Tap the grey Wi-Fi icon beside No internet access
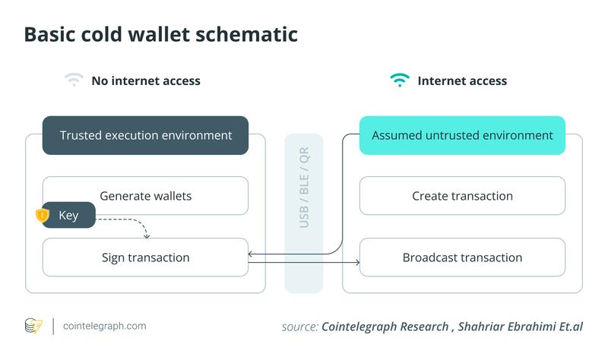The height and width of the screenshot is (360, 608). click(x=74, y=80)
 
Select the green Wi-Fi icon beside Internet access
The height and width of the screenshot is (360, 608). click(x=399, y=80)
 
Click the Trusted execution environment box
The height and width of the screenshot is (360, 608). click(x=145, y=135)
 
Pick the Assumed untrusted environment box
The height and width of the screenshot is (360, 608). click(x=462, y=135)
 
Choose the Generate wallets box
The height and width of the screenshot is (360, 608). click(x=145, y=196)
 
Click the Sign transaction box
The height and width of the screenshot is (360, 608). click(x=145, y=257)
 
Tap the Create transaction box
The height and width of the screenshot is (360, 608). click(x=462, y=196)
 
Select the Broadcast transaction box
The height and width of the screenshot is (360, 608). click(x=462, y=257)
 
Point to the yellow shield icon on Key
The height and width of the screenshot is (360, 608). click(x=42, y=216)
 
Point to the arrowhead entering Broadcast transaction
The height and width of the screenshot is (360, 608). click(x=356, y=263)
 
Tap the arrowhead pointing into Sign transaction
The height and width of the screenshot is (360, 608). click(x=252, y=254)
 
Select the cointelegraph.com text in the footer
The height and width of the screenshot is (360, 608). click(x=105, y=326)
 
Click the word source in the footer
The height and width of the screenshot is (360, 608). click(x=298, y=327)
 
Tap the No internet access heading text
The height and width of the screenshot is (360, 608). click(x=146, y=81)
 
